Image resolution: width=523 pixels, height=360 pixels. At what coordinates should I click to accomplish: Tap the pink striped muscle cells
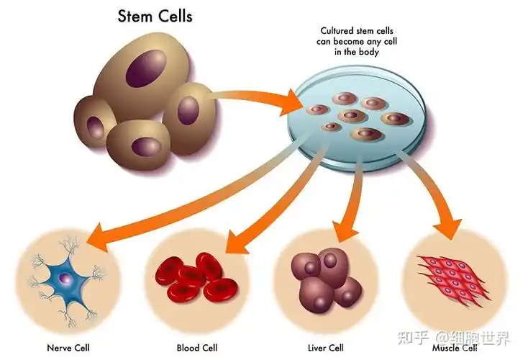[x=452, y=278]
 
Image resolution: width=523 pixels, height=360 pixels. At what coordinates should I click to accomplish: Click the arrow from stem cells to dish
[x=259, y=97]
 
